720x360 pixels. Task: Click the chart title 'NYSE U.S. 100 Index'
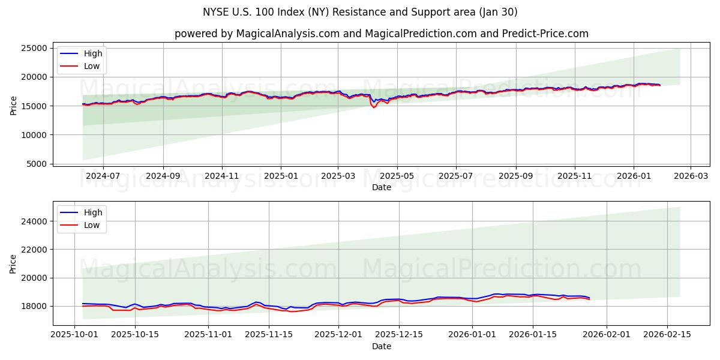click(359, 12)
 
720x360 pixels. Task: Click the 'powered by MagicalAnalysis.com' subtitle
click(381, 34)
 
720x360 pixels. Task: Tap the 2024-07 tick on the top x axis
click(103, 176)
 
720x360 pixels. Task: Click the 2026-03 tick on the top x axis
click(690, 176)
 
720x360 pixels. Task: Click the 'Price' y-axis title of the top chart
click(13, 105)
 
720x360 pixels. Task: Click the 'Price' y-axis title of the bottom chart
click(13, 264)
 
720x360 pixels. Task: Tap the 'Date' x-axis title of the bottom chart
click(382, 346)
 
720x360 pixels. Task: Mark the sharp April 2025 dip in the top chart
click(374, 107)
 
